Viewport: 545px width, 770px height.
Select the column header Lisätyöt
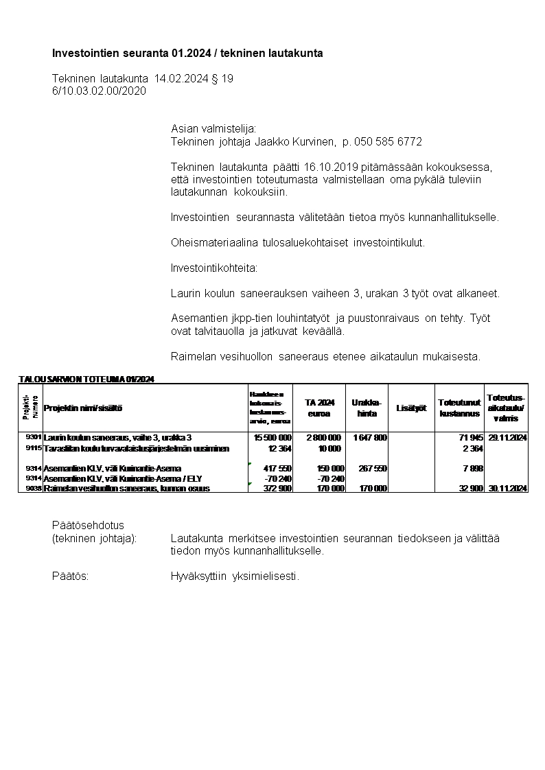411,408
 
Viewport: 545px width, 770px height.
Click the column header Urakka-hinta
367,408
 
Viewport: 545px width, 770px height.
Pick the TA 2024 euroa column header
319,408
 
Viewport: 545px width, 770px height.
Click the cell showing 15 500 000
272,437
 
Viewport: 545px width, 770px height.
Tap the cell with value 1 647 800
370,437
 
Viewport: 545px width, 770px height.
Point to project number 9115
34,448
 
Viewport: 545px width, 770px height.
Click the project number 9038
34,489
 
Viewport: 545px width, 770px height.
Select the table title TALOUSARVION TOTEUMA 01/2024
86,379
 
